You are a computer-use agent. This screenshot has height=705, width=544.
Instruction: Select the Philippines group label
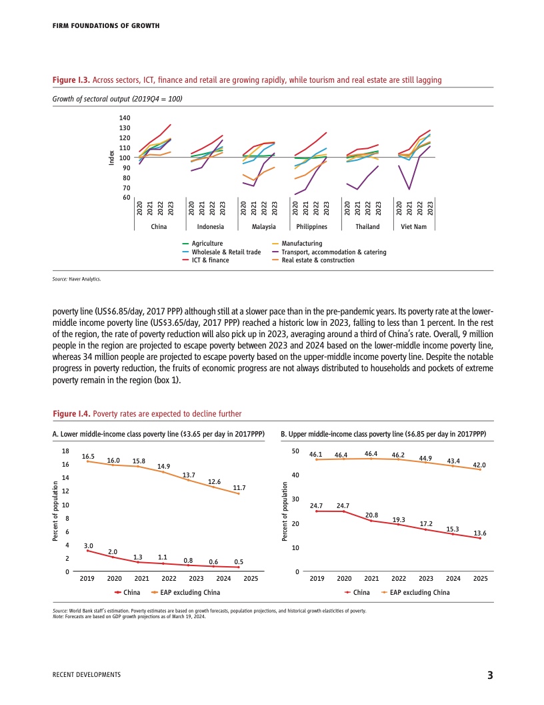click(311, 227)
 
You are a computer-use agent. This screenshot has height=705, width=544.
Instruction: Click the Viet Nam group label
click(415, 227)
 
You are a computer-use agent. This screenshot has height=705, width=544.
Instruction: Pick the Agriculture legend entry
click(207, 244)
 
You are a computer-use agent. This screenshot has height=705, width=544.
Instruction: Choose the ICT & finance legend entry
click(210, 260)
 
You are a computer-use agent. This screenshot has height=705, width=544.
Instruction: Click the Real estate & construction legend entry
click(318, 260)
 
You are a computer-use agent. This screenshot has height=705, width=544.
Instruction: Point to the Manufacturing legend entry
click(301, 244)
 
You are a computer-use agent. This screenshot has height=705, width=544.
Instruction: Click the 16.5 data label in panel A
click(89, 455)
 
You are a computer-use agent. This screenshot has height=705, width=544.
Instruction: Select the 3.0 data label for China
click(89, 545)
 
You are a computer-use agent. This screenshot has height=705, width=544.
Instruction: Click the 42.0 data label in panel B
click(479, 465)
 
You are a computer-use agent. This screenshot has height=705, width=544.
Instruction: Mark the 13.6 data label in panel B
click(479, 533)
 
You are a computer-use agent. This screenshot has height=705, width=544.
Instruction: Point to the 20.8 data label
click(372, 515)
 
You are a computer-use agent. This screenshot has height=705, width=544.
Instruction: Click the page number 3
click(489, 675)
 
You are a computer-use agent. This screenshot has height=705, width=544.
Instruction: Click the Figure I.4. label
click(71, 414)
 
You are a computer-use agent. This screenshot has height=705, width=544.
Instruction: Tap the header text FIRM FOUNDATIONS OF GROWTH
click(106, 26)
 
